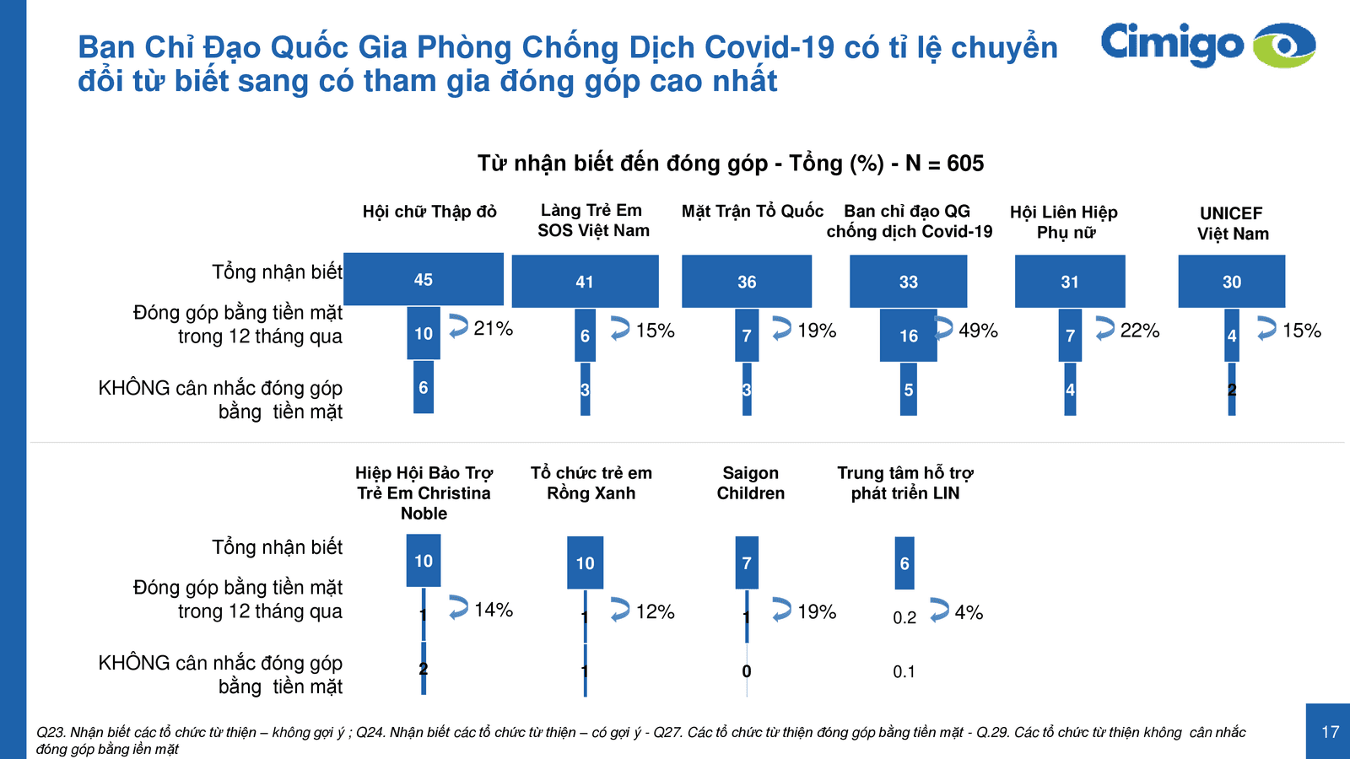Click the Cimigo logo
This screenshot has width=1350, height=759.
pyautogui.click(x=1207, y=45)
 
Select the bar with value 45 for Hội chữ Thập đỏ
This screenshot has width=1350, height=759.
pyautogui.click(x=424, y=279)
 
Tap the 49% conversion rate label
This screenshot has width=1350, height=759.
pyautogui.click(x=979, y=331)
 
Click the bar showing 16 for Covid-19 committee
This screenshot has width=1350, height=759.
pyautogui.click(x=909, y=336)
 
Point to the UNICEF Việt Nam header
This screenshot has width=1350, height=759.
pyautogui.click(x=1232, y=223)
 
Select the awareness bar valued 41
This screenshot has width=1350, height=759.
pyautogui.click(x=585, y=282)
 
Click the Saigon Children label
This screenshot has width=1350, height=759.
pyautogui.click(x=750, y=483)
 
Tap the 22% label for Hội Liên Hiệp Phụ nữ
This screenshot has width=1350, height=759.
pyautogui.click(x=1140, y=331)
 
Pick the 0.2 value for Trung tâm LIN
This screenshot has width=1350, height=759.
pyautogui.click(x=904, y=618)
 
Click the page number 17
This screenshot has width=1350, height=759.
pyautogui.click(x=1330, y=732)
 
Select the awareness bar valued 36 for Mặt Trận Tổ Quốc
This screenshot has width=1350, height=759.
pyautogui.click(x=747, y=282)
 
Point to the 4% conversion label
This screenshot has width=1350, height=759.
pyautogui.click(x=969, y=612)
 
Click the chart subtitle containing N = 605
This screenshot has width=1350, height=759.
pyautogui.click(x=731, y=164)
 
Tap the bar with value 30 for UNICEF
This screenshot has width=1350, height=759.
pyautogui.click(x=1232, y=282)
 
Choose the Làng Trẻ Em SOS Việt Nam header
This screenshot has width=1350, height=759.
pyautogui.click(x=592, y=221)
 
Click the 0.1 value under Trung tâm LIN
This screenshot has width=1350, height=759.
pyautogui.click(x=904, y=672)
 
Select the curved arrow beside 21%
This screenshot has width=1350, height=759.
pyautogui.click(x=458, y=326)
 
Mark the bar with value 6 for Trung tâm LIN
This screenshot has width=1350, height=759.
pyautogui.click(x=904, y=563)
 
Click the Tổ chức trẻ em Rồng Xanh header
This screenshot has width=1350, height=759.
pyautogui.click(x=591, y=483)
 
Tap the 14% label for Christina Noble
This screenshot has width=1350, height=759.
pyautogui.click(x=494, y=610)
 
